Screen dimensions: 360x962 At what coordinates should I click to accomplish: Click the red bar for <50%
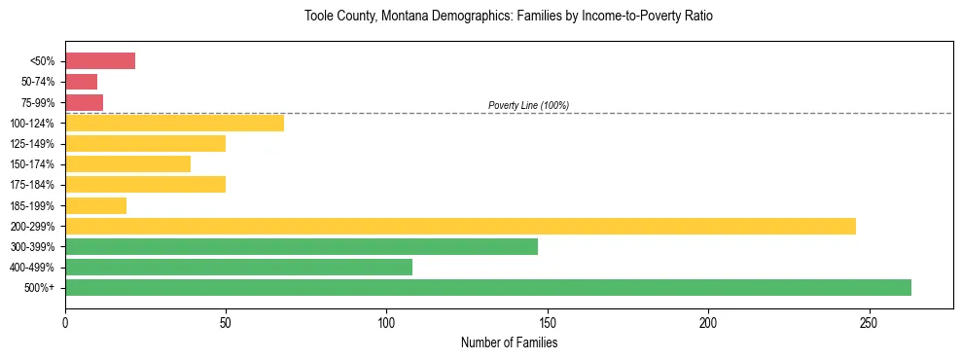100,61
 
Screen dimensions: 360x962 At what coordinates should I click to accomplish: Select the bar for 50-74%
81,82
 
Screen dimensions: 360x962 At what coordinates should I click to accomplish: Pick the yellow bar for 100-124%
174,123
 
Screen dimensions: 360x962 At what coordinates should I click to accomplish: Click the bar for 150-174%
127,163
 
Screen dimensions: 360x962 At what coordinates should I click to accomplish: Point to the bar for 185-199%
95,205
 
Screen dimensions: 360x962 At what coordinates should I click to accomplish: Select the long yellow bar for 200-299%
460,226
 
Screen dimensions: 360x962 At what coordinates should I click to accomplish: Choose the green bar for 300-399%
302,246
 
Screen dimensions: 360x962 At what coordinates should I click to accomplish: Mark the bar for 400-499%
238,267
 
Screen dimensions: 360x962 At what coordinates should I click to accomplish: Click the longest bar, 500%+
488,287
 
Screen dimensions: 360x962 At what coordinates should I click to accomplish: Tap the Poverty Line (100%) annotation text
528,105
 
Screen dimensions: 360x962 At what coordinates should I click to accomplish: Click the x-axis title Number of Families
509,342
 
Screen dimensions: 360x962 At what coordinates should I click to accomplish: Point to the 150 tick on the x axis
548,322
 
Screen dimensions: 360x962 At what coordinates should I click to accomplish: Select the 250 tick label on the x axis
869,322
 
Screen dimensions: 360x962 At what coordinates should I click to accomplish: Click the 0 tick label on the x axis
65,322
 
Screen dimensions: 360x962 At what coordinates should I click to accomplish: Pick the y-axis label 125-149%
32,144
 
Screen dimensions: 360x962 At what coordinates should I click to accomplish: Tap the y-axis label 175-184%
32,185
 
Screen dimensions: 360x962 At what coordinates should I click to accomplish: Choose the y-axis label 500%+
39,288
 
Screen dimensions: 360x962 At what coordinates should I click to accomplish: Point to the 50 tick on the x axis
226,322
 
